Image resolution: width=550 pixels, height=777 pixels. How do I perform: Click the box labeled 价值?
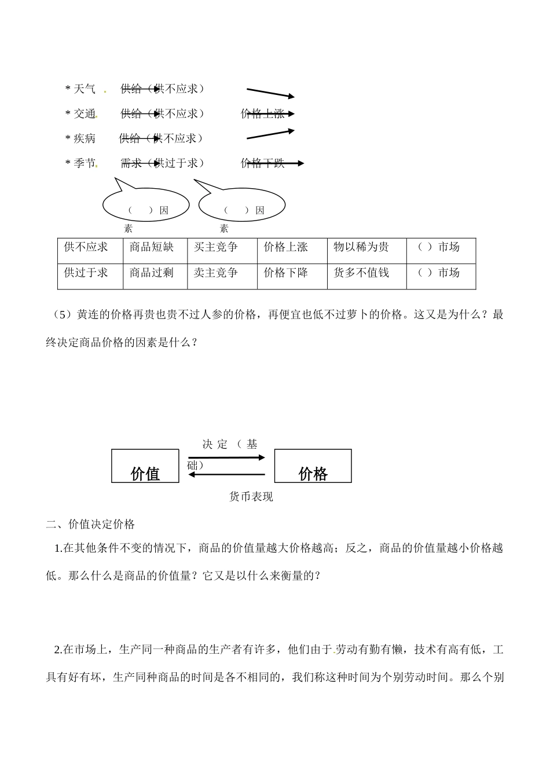click(x=145, y=467)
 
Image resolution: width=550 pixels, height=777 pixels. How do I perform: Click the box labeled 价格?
click(x=313, y=467)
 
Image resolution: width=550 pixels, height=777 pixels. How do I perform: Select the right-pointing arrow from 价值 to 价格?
click(x=226, y=457)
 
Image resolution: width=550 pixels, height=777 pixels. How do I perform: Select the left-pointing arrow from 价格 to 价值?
click(x=227, y=475)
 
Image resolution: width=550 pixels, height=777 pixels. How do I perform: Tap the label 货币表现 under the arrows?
click(x=251, y=497)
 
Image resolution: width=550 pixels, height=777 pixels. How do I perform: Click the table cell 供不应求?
click(x=86, y=247)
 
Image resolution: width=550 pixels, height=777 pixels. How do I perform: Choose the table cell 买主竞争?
click(x=216, y=247)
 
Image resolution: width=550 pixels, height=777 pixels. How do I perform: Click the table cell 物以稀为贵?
click(x=361, y=247)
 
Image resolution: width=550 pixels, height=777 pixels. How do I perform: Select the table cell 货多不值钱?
click(x=361, y=273)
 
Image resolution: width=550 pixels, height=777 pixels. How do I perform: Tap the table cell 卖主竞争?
click(x=216, y=273)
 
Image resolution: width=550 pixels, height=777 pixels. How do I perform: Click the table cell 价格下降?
click(x=286, y=273)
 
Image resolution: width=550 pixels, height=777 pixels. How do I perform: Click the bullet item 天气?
click(x=85, y=89)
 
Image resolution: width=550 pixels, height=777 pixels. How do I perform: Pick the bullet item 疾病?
click(x=85, y=138)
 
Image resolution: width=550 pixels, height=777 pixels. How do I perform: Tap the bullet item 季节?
click(x=85, y=163)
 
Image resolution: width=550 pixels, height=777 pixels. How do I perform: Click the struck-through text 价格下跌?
click(x=263, y=163)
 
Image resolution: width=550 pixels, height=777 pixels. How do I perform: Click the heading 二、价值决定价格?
click(x=91, y=525)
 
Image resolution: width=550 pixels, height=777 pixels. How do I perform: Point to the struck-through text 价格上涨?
click(x=263, y=113)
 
